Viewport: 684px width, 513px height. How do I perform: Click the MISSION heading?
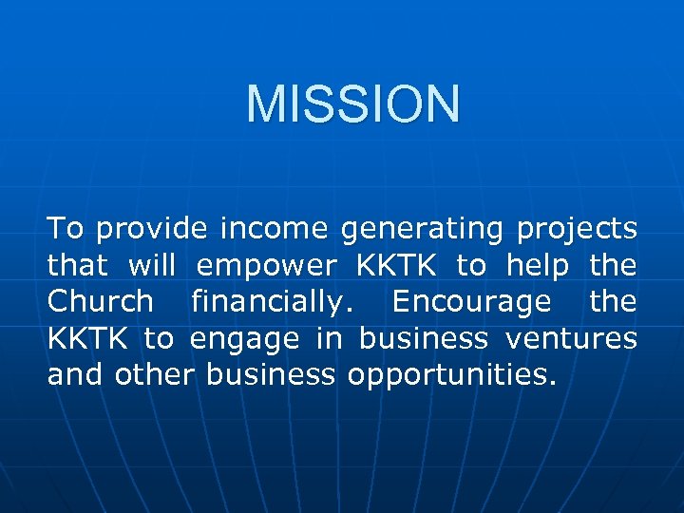(352, 104)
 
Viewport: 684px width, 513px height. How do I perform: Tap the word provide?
(152, 229)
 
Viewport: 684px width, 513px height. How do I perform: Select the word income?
(274, 229)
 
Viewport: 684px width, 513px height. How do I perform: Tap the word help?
(539, 267)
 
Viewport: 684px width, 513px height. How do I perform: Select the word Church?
(100, 301)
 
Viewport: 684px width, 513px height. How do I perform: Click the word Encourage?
(471, 303)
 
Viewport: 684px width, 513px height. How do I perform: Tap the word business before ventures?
(425, 337)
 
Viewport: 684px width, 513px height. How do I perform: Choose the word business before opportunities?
(271, 373)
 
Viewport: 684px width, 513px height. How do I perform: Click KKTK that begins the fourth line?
(90, 337)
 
